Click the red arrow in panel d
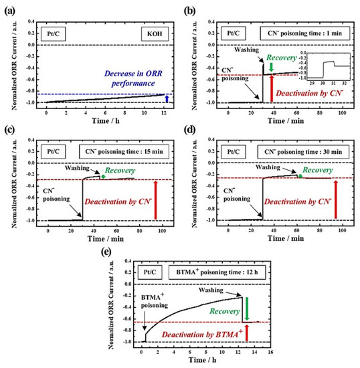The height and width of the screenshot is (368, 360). point(335,200)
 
